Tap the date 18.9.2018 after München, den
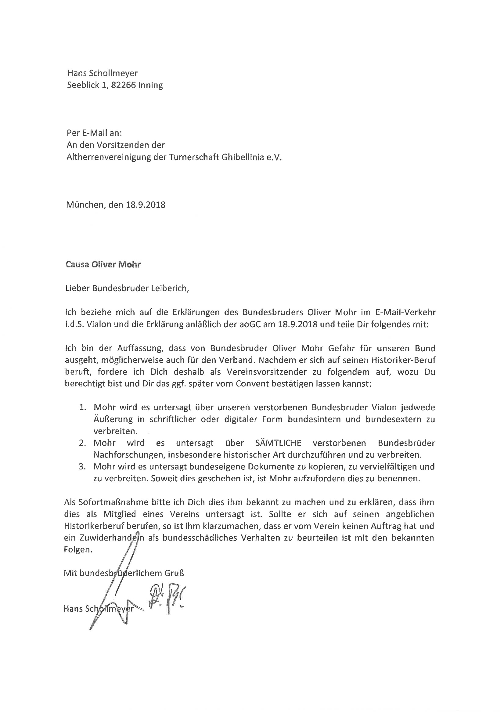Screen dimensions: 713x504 tap(146, 205)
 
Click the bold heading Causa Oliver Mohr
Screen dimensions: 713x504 tap(103, 265)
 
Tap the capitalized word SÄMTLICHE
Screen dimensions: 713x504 tap(278, 443)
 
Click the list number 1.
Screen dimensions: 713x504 tap(82, 407)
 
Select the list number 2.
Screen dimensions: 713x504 tap(82, 443)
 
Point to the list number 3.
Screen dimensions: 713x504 tap(82, 466)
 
